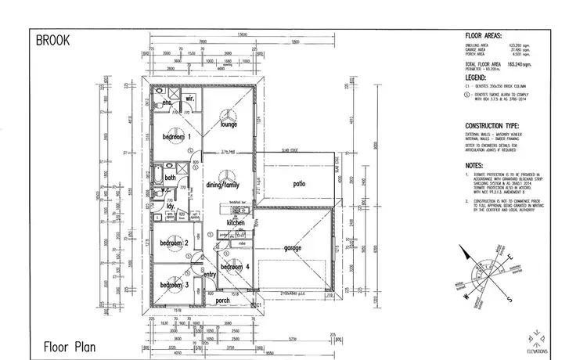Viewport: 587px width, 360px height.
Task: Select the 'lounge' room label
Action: tap(229, 124)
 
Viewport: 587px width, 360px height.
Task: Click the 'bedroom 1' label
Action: tap(176, 137)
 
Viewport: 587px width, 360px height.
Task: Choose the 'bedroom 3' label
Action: tap(175, 285)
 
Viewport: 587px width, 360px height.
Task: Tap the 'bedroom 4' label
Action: tap(235, 268)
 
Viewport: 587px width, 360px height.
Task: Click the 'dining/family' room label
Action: tap(223, 185)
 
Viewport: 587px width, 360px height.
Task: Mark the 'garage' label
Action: tap(292, 248)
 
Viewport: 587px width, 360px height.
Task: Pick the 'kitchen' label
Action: tap(236, 223)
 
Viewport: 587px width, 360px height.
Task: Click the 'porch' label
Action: tap(223, 300)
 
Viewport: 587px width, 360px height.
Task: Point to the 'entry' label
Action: tap(209, 275)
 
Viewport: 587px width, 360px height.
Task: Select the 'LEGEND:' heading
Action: tap(478, 77)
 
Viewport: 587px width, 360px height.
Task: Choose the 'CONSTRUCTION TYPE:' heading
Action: tap(499, 125)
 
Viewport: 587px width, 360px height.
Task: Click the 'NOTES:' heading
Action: tap(477, 166)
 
